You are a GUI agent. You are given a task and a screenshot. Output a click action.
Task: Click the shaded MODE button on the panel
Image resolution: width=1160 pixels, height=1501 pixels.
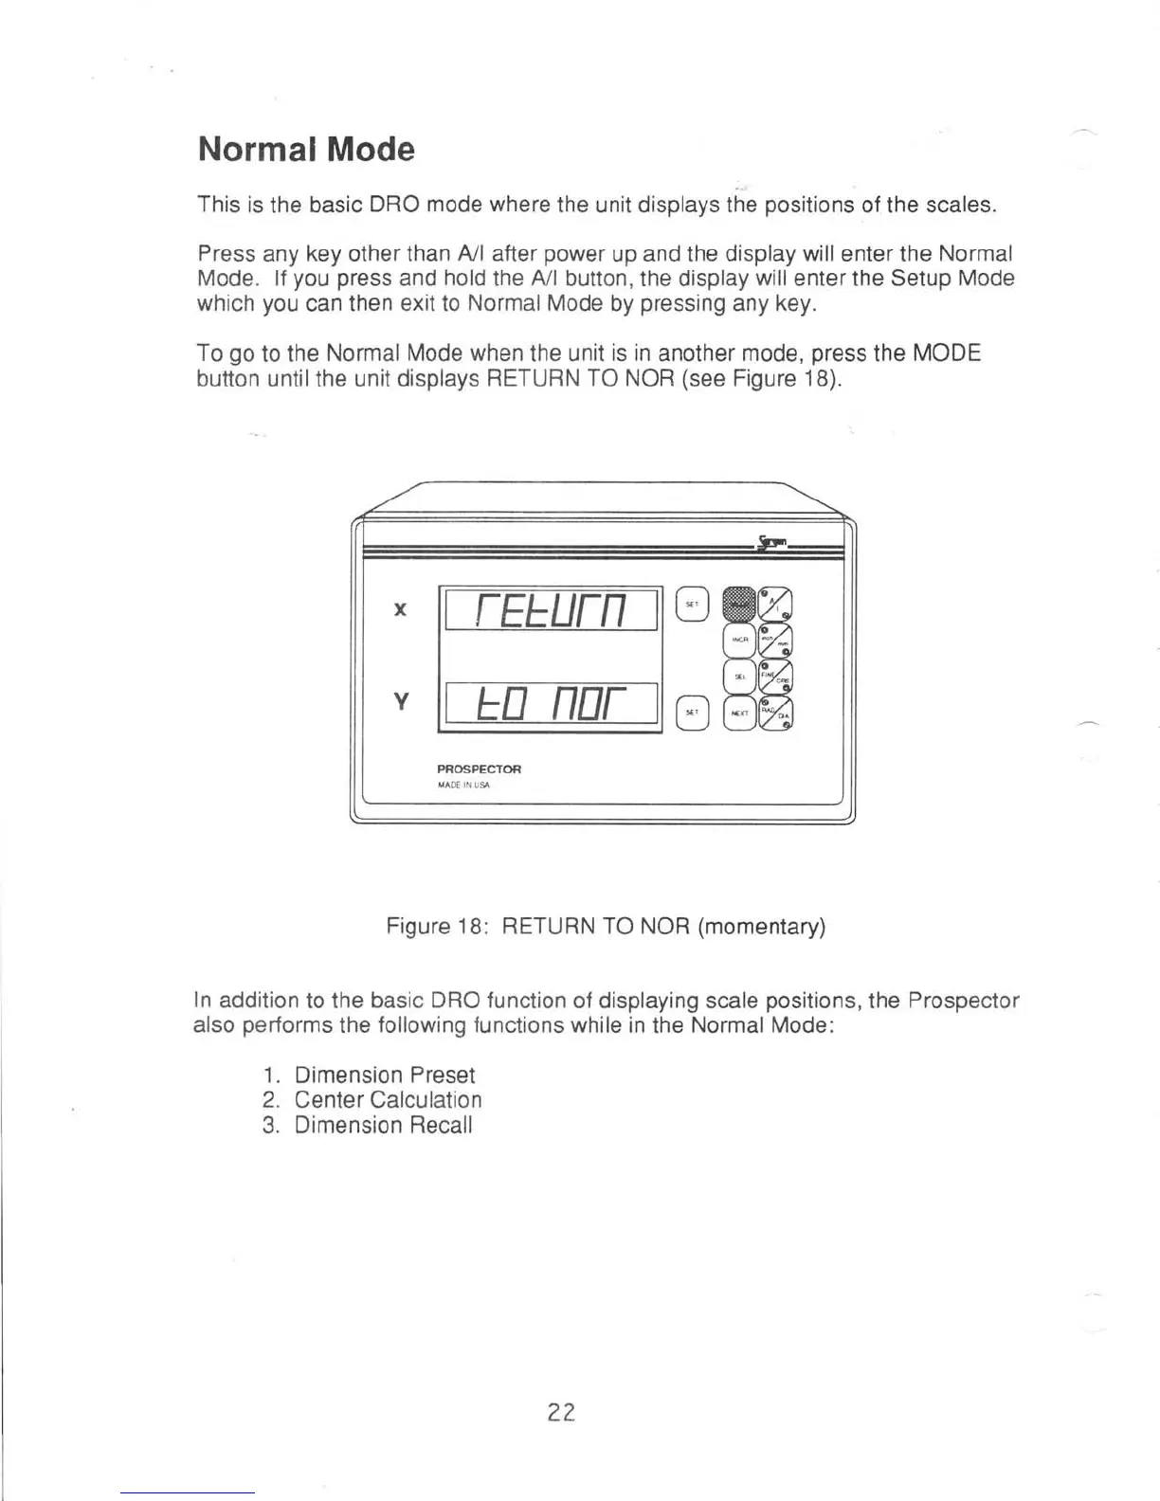click(738, 603)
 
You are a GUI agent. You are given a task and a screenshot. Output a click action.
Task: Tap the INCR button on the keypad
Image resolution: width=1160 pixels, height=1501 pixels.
click(739, 641)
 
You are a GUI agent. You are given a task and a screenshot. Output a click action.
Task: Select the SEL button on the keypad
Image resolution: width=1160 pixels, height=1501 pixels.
click(739, 676)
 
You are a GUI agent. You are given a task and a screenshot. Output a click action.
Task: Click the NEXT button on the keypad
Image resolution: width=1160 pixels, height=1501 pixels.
click(739, 713)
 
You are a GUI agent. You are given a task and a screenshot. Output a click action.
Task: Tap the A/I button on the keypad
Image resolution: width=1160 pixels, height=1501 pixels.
click(776, 605)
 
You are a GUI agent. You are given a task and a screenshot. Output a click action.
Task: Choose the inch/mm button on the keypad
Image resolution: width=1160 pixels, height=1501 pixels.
click(776, 641)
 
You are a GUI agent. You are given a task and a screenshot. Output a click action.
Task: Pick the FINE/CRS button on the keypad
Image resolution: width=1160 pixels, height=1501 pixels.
click(776, 677)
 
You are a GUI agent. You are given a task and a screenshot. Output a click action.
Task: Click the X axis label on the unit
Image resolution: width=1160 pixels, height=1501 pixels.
click(400, 609)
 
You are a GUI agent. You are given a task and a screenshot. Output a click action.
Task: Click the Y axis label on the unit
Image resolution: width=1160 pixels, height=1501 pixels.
click(400, 702)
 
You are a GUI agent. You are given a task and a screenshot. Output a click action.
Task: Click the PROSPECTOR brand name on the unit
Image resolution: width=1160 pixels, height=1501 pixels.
click(479, 769)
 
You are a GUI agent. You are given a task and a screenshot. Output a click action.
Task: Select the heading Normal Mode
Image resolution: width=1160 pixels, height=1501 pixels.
click(306, 150)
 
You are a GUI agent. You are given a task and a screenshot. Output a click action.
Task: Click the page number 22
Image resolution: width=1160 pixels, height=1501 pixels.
click(561, 1412)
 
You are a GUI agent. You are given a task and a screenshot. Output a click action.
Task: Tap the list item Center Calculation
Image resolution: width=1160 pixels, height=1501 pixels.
click(388, 1100)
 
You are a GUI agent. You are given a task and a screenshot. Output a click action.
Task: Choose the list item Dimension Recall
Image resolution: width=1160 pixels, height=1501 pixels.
click(383, 1126)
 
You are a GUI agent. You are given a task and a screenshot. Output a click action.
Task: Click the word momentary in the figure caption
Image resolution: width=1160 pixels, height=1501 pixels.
click(761, 926)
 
